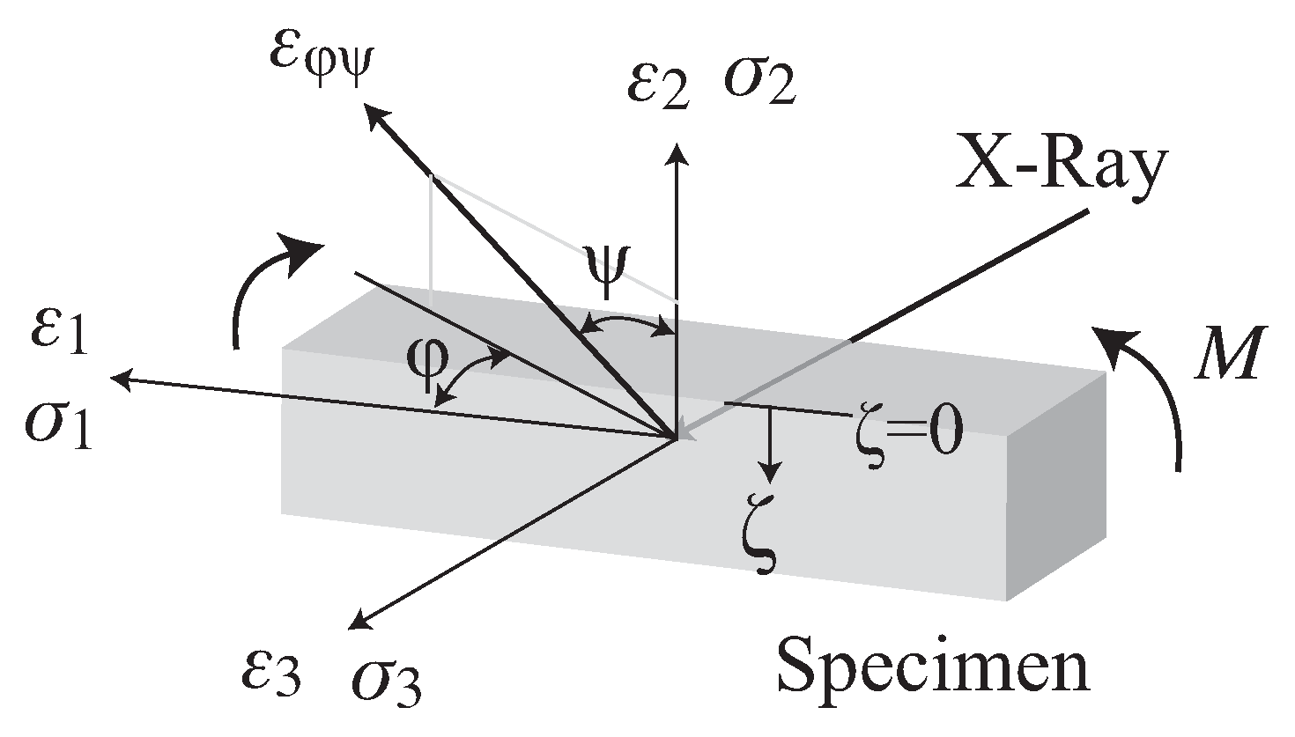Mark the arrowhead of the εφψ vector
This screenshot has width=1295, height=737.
pyautogui.click(x=376, y=112)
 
